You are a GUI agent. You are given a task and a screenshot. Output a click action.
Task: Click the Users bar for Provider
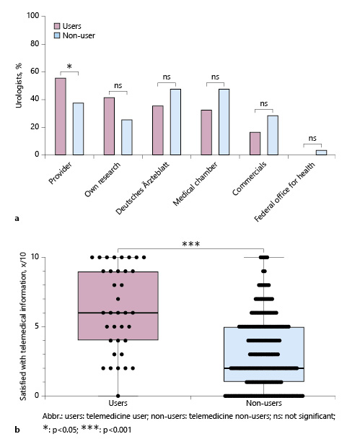(60, 116)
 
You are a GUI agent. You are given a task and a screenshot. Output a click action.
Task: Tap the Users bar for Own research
(109, 126)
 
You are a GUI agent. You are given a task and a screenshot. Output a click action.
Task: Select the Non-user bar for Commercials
(273, 135)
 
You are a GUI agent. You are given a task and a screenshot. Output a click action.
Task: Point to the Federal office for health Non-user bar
(321, 152)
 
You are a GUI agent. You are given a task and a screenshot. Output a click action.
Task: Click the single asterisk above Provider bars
(69, 67)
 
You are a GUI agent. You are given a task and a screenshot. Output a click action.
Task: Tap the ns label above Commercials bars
(263, 104)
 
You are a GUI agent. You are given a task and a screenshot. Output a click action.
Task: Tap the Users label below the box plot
(118, 406)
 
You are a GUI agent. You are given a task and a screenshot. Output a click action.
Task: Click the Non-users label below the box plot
(264, 406)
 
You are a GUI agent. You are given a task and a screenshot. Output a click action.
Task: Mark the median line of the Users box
(118, 313)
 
